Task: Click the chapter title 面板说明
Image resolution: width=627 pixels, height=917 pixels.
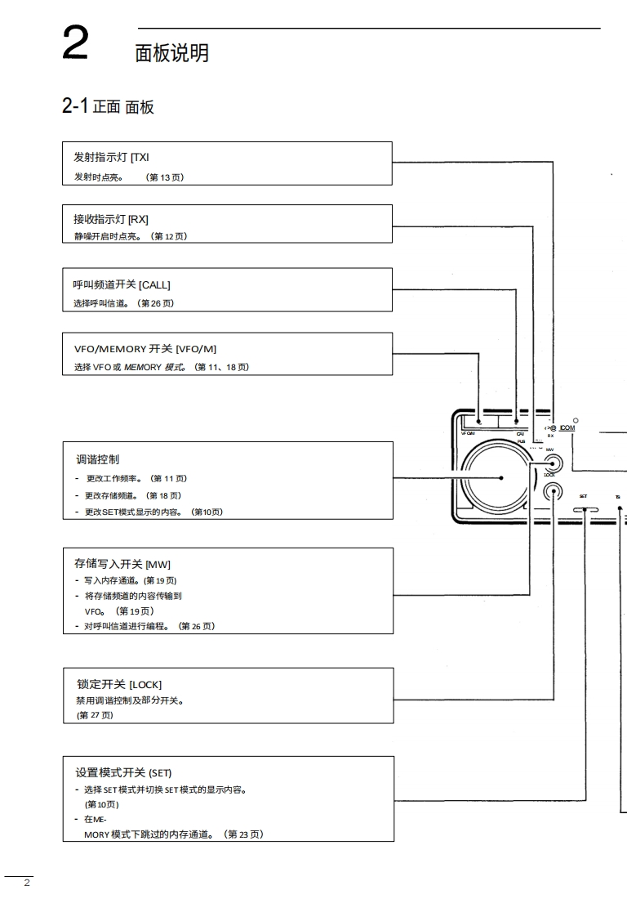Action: click(x=171, y=53)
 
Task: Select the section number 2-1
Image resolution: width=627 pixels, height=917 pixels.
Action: click(x=74, y=105)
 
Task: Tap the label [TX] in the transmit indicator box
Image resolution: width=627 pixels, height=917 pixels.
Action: click(x=140, y=158)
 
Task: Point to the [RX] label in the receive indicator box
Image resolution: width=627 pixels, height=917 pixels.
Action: click(x=138, y=219)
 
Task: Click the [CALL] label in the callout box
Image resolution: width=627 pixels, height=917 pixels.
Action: click(x=154, y=284)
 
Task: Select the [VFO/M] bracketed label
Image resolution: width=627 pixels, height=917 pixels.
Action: click(x=196, y=349)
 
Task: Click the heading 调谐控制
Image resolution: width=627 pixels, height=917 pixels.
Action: click(x=97, y=459)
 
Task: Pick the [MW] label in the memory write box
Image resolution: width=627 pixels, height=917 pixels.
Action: click(x=158, y=564)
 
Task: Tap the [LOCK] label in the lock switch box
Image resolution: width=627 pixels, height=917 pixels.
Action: click(x=145, y=684)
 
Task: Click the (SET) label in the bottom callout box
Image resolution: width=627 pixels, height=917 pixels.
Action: click(x=160, y=772)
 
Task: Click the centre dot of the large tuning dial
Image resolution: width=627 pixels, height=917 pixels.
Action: click(x=501, y=479)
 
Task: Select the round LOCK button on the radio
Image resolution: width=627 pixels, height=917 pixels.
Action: click(x=553, y=492)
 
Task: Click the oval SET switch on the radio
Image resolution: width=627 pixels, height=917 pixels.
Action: click(x=585, y=509)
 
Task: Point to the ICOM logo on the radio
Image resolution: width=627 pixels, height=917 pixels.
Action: click(x=567, y=427)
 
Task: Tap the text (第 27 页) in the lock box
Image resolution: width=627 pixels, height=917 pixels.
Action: click(x=90, y=715)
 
